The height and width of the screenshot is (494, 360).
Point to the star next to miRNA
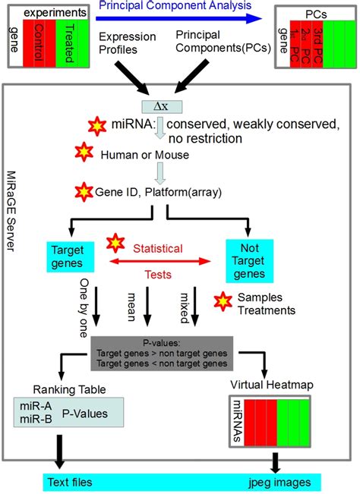click(x=97, y=125)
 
